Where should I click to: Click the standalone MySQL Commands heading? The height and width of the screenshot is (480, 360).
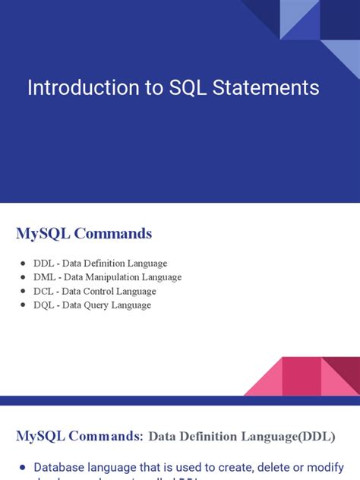(x=84, y=233)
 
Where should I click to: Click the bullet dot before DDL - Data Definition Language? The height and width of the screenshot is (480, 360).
(x=24, y=264)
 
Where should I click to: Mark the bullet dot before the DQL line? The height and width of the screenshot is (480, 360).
(x=24, y=305)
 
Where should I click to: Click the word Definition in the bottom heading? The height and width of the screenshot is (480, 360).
(x=213, y=437)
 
